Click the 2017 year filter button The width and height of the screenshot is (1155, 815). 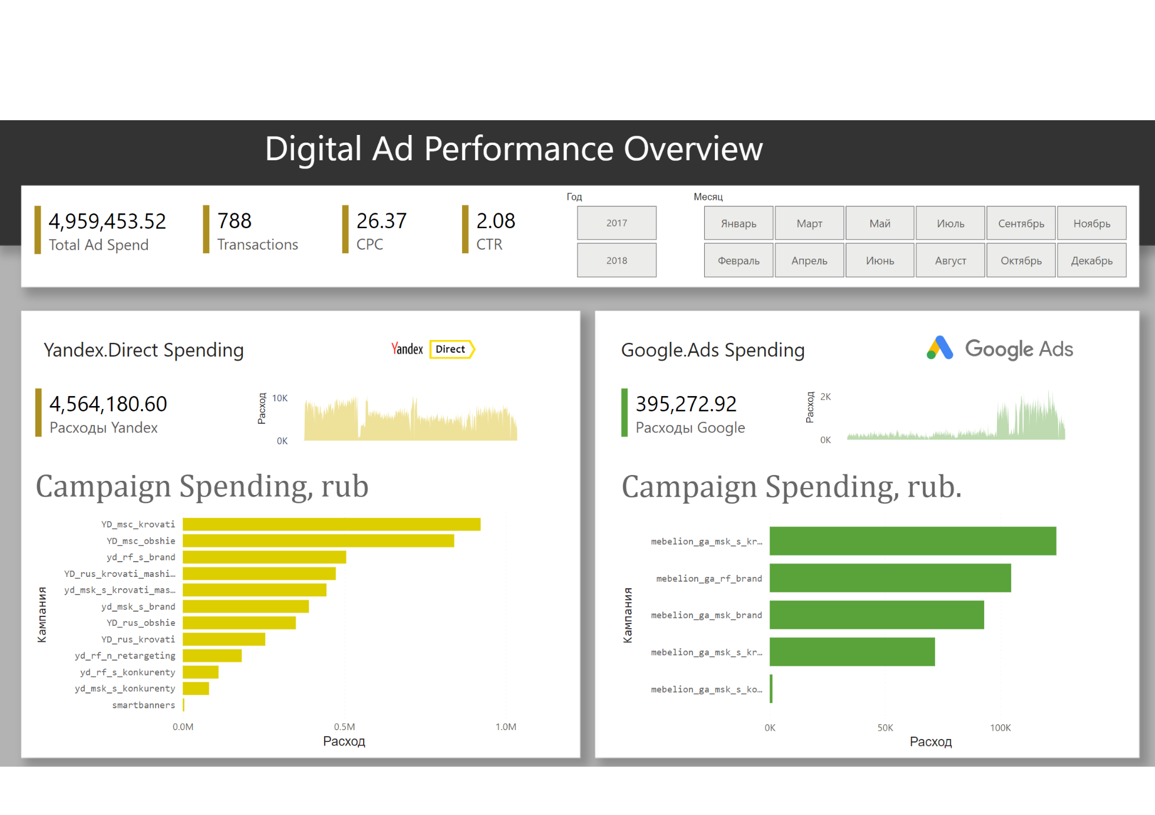pyautogui.click(x=616, y=223)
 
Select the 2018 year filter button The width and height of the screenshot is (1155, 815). pyautogui.click(x=616, y=260)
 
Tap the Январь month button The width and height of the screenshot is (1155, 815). pyautogui.click(x=738, y=223)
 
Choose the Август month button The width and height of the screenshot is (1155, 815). pyautogui.click(x=950, y=260)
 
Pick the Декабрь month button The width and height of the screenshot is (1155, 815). pyautogui.click(x=1091, y=260)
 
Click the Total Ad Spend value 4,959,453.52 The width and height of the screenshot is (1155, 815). pyautogui.click(x=107, y=221)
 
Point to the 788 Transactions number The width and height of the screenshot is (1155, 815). pyautogui.click(x=235, y=221)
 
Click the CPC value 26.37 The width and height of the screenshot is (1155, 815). pyautogui.click(x=381, y=221)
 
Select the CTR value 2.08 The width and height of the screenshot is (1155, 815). pyautogui.click(x=496, y=221)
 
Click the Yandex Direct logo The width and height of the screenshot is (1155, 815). pyautogui.click(x=433, y=349)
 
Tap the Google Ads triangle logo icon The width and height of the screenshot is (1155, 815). pyautogui.click(x=939, y=348)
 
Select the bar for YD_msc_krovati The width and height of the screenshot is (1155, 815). pyautogui.click(x=331, y=524)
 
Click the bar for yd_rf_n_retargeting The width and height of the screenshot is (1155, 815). pyautogui.click(x=212, y=655)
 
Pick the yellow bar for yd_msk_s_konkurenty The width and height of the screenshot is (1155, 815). pyautogui.click(x=196, y=688)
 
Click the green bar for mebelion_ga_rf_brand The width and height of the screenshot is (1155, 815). pyautogui.click(x=890, y=578)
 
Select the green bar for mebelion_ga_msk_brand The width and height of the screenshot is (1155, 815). pyautogui.click(x=876, y=615)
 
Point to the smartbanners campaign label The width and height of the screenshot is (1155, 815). pyautogui.click(x=143, y=705)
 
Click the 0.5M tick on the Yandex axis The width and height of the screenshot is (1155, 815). pyautogui.click(x=344, y=727)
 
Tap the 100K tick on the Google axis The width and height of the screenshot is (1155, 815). pyautogui.click(x=1000, y=728)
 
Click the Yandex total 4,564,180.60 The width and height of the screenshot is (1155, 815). pyautogui.click(x=108, y=404)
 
